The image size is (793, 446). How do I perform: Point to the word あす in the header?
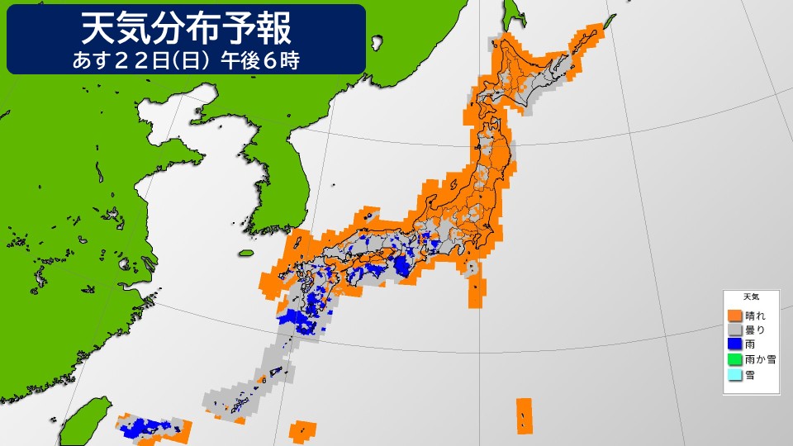click(94, 60)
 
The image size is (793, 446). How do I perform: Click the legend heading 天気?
click(751, 297)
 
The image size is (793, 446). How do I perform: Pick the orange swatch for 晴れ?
click(734, 316)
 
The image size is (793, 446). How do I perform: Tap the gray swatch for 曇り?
click(734, 330)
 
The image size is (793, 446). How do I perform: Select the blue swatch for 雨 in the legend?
click(734, 344)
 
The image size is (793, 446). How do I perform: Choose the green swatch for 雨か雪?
click(734, 359)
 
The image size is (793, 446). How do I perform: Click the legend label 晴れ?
click(755, 316)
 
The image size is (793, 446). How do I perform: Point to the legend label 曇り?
click(755, 330)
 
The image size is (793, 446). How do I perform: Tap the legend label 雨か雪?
click(760, 359)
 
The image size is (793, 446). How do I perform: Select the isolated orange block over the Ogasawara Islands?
click(524, 415)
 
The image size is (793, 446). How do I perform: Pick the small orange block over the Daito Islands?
click(306, 429)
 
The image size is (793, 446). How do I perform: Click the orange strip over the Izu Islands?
click(476, 292)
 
